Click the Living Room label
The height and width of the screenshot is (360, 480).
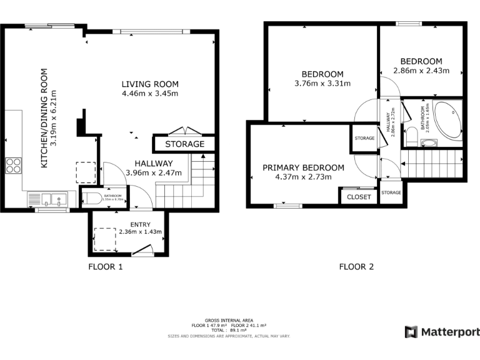(x=150, y=84)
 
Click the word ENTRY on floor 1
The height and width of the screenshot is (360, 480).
(x=140, y=224)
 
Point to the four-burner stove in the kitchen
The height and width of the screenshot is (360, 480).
(x=14, y=166)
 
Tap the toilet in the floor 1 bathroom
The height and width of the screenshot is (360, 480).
(x=92, y=199)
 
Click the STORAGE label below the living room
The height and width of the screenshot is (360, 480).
(x=184, y=144)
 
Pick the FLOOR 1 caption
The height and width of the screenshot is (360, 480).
(x=104, y=267)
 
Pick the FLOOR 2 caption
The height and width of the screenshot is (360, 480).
(x=356, y=267)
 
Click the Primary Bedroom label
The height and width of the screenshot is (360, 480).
(x=303, y=167)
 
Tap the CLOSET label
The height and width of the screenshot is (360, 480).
(x=359, y=197)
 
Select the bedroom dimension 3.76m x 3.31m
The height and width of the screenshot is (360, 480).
(x=322, y=83)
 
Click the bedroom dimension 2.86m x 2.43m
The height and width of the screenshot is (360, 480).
(x=421, y=71)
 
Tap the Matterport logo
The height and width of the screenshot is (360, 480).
(x=442, y=332)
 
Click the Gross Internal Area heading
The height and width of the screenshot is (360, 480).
(x=229, y=320)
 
